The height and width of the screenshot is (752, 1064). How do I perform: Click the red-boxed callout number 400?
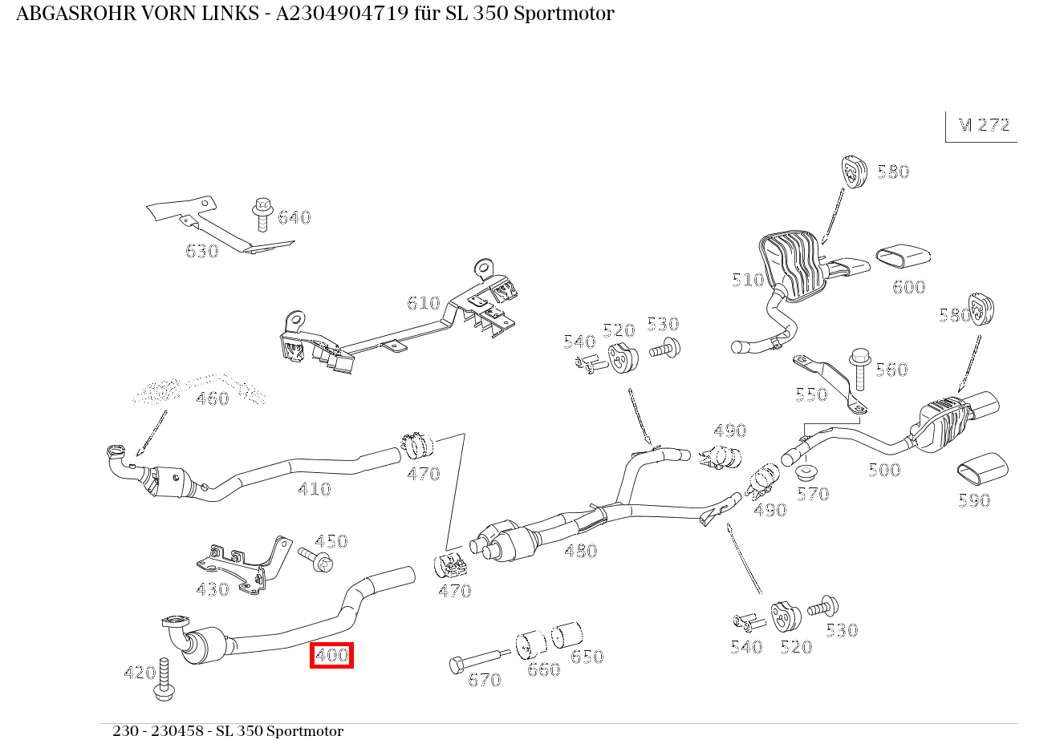pos(331,655)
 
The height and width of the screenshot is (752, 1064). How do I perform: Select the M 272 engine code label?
pos(984,125)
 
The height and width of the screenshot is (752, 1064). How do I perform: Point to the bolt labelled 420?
pos(166,678)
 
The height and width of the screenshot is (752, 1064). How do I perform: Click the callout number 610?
pos(423,303)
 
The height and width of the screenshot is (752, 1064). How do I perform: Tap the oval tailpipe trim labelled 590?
pos(983,469)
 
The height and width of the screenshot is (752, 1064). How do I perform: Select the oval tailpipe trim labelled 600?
pos(902,257)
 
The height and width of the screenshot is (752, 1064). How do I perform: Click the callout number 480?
pos(580,551)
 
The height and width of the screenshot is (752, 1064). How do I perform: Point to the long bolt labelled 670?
pos(477,661)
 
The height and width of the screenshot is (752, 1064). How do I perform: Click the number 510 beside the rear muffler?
pos(747,280)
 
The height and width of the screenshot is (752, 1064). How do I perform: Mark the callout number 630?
pos(201,251)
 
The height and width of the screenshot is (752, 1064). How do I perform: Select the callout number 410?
pos(314,489)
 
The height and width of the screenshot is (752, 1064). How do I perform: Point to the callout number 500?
pos(883,470)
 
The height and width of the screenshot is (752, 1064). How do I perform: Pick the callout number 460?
pos(212,398)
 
